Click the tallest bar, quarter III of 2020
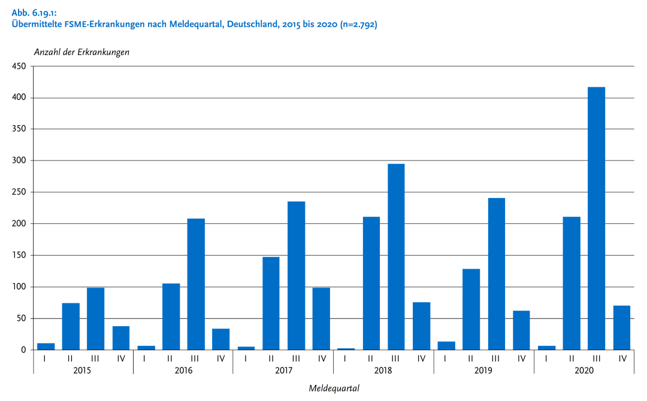coord(596,218)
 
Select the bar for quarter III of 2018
coord(396,257)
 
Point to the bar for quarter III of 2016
coord(196,284)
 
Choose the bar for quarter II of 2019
coord(471,309)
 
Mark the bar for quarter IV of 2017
coord(321,319)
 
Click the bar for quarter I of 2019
coord(446,346)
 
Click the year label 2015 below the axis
coord(83,371)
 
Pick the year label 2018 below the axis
coord(383,371)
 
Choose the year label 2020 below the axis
coord(583,371)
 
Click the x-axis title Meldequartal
coord(334,388)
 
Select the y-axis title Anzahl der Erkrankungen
coord(81,52)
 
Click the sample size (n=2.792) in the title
coord(358,25)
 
